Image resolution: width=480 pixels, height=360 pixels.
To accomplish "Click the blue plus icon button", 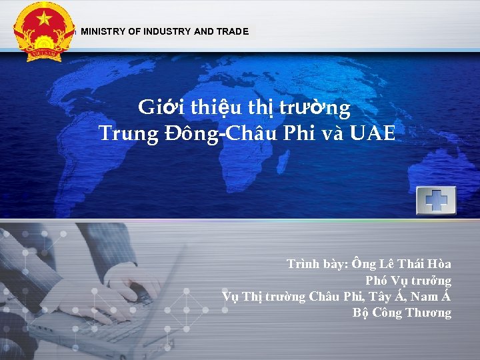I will pyautogui.click(x=435, y=200).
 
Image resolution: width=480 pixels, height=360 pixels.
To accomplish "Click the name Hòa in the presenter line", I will pyautogui.click(x=437, y=264).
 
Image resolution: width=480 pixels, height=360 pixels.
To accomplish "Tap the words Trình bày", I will pyautogui.click(x=316, y=264).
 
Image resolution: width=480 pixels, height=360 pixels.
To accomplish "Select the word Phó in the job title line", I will pyautogui.click(x=378, y=281).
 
